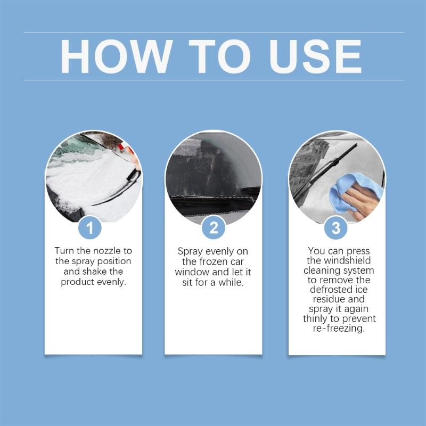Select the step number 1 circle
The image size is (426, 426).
pos(90,228)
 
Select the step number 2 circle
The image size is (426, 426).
pos(213,228)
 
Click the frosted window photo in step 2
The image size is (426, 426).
pos(213,170)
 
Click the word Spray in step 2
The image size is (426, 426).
pos(190,251)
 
